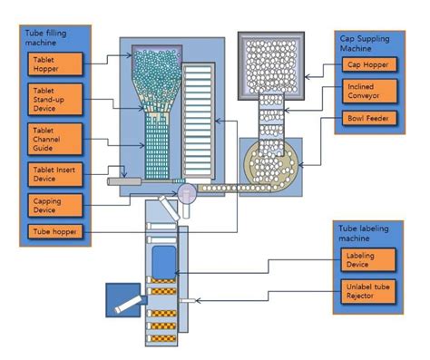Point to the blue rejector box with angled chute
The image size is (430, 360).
pyautogui.click(x=122, y=299)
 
